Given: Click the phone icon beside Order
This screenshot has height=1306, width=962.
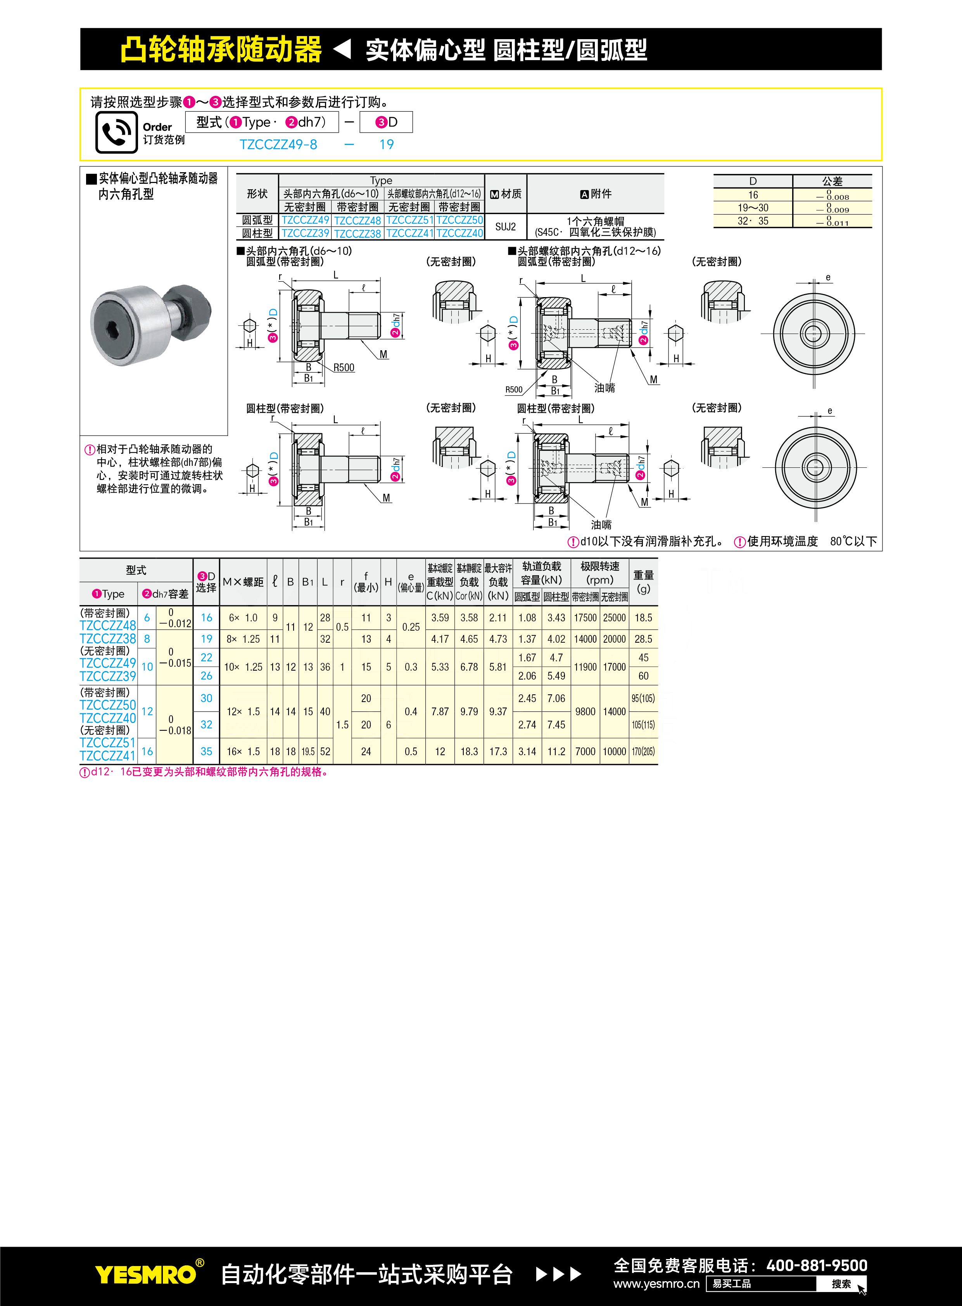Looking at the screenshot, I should pos(116,132).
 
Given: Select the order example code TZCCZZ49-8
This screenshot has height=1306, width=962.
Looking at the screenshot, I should pos(278,144).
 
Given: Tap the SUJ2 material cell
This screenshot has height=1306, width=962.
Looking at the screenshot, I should pos(506,227).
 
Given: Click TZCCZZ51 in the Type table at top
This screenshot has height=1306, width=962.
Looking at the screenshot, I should pos(409,220).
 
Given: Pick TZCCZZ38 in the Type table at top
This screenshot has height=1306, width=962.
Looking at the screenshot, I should pos(357,234).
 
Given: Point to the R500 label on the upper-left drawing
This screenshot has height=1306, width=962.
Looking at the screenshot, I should pos(344,368).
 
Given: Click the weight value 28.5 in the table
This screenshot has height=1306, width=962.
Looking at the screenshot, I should pos(643,639).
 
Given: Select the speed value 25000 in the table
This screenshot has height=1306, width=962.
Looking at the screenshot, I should pos(614,618).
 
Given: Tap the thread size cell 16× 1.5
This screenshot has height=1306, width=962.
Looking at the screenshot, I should pos(243,751).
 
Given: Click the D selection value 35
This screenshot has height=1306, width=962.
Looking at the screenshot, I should pos(206,751).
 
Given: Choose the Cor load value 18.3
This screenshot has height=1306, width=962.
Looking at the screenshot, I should pos(469,751).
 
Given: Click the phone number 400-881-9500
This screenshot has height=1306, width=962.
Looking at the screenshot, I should pos(817,1265).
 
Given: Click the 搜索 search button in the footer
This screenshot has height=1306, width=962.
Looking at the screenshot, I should pos(841,1284).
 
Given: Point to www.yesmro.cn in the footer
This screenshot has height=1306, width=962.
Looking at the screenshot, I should pos(656,1284).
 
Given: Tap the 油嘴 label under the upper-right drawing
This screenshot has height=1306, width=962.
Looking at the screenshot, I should pos(604,388).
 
